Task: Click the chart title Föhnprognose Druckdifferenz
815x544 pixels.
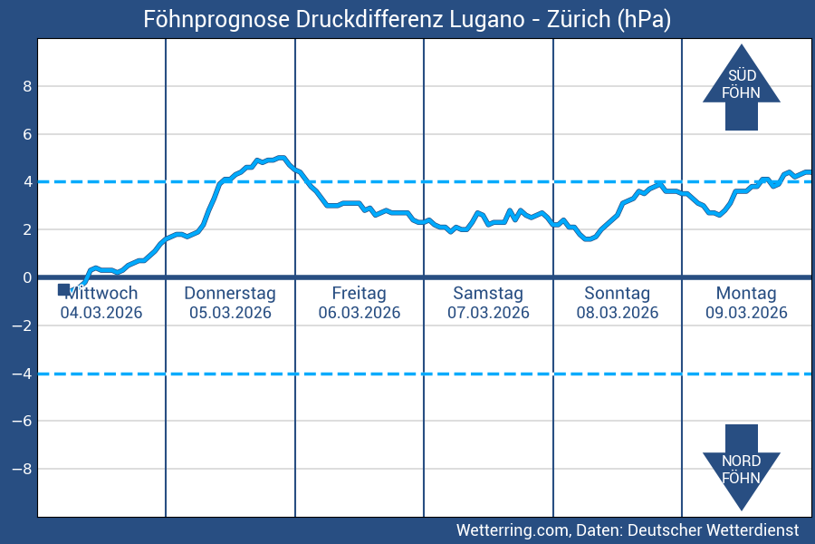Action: tap(407, 19)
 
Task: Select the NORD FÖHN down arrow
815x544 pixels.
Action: tap(741, 467)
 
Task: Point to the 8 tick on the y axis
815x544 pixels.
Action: tap(27, 86)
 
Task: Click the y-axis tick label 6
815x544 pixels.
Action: tap(27, 134)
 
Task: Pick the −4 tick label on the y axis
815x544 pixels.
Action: tap(24, 374)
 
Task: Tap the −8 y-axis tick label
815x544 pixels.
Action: tap(24, 470)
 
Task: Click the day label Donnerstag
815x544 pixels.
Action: tap(230, 293)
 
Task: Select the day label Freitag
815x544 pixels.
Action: tap(359, 293)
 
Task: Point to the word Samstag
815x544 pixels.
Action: tap(488, 293)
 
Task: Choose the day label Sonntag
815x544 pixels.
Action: tap(617, 293)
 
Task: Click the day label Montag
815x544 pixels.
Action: tap(746, 293)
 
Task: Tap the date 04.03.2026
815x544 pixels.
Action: tap(101, 313)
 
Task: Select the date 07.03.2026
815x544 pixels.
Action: tap(488, 313)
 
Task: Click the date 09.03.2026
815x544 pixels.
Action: tap(746, 313)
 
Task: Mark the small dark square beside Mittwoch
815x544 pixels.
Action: tap(63, 289)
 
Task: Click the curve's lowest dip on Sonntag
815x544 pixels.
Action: tap(588, 239)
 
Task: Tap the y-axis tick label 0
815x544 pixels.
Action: tap(27, 277)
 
